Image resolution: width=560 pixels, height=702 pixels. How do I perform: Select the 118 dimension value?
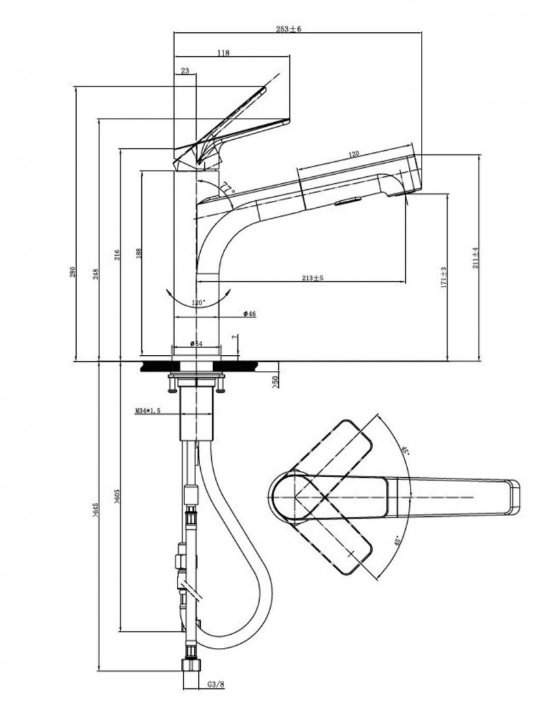[x=223, y=53]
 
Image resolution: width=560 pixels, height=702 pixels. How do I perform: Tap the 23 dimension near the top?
[x=185, y=71]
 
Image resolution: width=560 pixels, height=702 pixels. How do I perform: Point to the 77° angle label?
[x=227, y=188]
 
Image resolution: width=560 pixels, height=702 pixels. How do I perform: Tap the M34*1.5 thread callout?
[x=147, y=411]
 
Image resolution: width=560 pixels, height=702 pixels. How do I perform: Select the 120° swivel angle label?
[x=198, y=302]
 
